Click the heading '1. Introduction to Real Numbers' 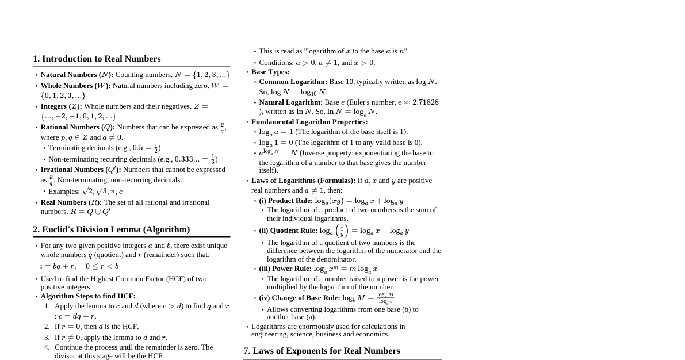(x=97, y=59)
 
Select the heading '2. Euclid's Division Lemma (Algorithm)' (x=111, y=229)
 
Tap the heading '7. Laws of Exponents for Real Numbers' (x=322, y=351)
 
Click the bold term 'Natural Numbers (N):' (x=77, y=75)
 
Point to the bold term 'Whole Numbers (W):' (x=75, y=86)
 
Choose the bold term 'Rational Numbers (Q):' (x=78, y=127)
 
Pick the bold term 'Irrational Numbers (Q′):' (x=81, y=170)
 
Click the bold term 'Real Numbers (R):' (x=71, y=202)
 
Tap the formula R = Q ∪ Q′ (x=90, y=212)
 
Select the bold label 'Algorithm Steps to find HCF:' (x=88, y=296)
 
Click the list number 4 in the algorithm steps (x=47, y=347)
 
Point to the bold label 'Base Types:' (x=270, y=72)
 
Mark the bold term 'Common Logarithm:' (x=293, y=82)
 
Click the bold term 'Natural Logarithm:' (x=290, y=102)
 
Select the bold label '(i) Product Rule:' (x=286, y=201)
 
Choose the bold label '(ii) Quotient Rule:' (x=288, y=231)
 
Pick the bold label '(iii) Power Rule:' (x=285, y=269)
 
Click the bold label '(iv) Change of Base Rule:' (x=300, y=298)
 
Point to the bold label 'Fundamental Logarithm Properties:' (x=309, y=122)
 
